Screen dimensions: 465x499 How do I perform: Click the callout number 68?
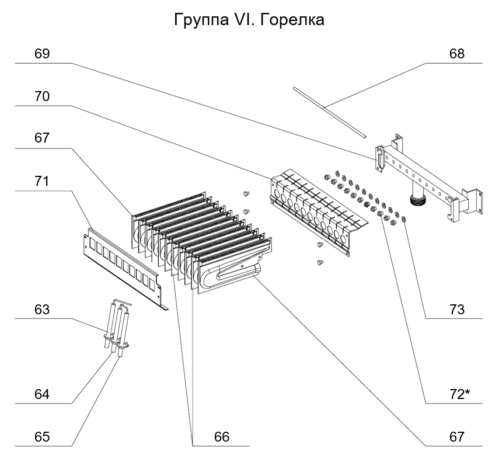pyautogui.click(x=456, y=54)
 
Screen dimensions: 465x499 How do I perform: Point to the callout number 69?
pyautogui.click(x=42, y=54)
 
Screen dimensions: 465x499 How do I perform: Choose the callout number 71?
pyautogui.click(x=42, y=182)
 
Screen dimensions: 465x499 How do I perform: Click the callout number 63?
pyautogui.click(x=42, y=310)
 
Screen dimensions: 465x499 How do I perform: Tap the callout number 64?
pyautogui.click(x=42, y=394)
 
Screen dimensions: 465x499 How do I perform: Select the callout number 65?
pyautogui.click(x=42, y=437)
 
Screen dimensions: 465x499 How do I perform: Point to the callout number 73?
pyautogui.click(x=456, y=310)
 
